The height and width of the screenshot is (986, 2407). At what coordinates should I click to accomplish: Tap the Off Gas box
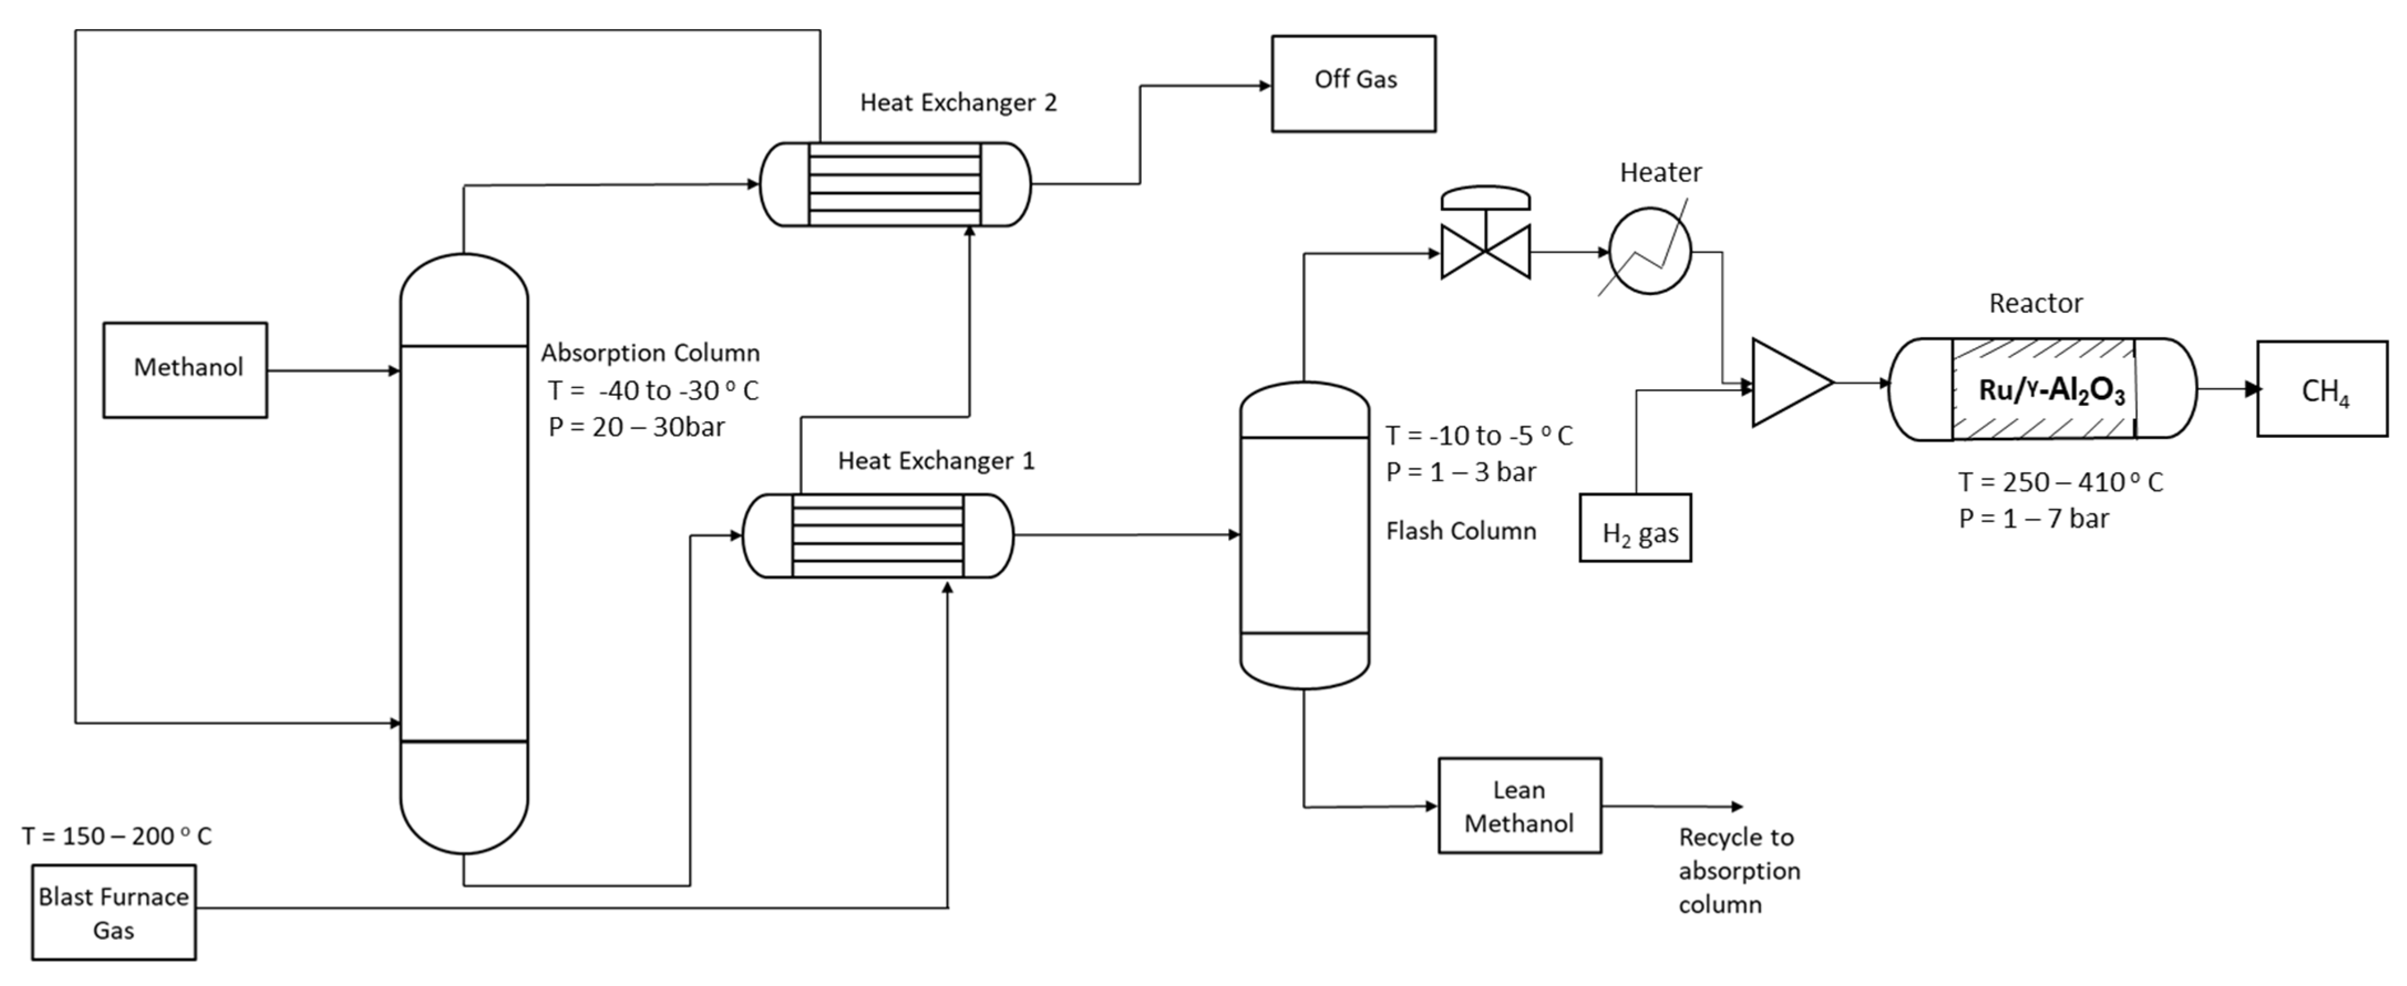[1353, 83]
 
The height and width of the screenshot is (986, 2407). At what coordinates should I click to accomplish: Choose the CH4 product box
[2321, 389]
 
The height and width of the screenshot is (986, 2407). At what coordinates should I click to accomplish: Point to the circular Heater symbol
[1650, 251]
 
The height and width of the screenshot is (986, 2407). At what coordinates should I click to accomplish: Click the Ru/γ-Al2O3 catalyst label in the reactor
[2051, 390]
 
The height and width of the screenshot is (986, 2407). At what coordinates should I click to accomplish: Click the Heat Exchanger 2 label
[958, 103]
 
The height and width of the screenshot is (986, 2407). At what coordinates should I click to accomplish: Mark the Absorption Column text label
[650, 353]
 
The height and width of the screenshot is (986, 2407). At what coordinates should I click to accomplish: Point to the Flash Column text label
[1461, 531]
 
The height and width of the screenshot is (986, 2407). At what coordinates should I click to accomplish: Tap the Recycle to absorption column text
[1738, 870]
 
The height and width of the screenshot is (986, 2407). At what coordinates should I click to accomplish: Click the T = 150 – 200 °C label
[117, 835]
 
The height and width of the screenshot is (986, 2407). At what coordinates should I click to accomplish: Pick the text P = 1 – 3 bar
[1461, 472]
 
